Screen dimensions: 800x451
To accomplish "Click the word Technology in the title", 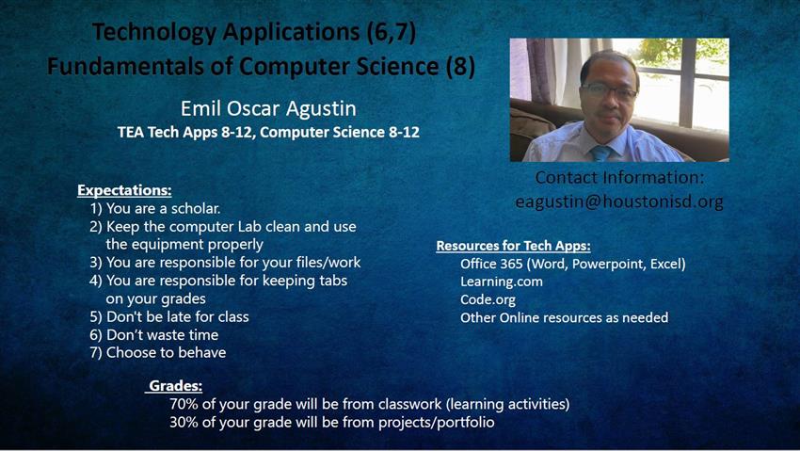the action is coord(154,33).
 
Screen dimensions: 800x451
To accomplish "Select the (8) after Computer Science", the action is coord(461,67).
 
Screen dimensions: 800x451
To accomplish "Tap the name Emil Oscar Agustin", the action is coord(268,108).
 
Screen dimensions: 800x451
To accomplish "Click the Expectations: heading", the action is coord(124,190).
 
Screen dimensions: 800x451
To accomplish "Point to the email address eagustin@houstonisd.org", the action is coord(619,201).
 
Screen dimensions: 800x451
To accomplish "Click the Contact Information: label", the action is coord(619,178).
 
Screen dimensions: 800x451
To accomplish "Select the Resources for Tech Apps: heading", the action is coord(513,246).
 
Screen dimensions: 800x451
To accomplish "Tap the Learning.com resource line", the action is coord(502,282).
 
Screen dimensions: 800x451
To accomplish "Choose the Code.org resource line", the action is coord(488,299).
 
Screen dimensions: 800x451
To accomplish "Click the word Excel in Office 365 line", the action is coord(667,264).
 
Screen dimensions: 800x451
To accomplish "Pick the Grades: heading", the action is coord(175,386).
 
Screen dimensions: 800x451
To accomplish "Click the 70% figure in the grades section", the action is coord(184,404).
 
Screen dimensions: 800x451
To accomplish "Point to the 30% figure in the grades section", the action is coord(184,423).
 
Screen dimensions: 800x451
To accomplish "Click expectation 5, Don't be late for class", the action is coord(169,316).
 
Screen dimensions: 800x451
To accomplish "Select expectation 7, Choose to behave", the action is coord(158,352).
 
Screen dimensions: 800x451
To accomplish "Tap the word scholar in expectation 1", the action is coord(196,209).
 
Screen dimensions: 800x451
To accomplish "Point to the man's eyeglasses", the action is coord(609,91).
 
